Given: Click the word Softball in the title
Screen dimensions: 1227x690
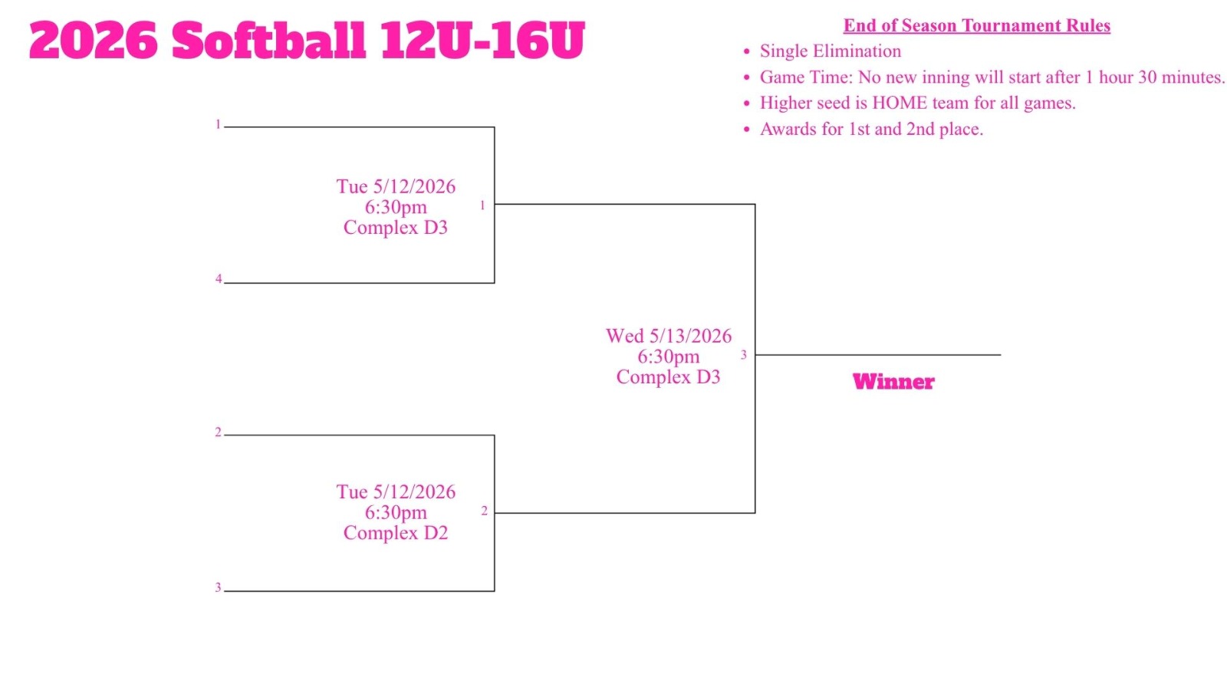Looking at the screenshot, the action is pos(268,39).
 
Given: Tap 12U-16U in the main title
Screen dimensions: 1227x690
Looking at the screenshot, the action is pos(482,40).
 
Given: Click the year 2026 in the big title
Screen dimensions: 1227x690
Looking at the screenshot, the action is pos(93,40).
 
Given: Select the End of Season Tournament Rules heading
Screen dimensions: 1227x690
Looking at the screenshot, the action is pos(977,25).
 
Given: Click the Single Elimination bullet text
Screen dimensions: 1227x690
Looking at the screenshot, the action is pos(830,51).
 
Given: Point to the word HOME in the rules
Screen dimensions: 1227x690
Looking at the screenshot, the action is pos(907,103).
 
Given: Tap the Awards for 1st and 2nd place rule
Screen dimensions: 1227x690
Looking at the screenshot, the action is pos(871,130).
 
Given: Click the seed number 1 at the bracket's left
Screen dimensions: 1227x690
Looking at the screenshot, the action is pos(218,124).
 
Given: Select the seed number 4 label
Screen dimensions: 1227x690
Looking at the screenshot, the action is pos(218,279).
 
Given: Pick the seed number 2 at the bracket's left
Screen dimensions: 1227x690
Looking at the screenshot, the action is pos(218,432).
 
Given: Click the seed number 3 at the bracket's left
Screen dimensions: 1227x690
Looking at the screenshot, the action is pos(218,587).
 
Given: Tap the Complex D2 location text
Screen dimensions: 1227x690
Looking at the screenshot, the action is pos(396,533).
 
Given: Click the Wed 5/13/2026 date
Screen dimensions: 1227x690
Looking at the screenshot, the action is pos(668,336).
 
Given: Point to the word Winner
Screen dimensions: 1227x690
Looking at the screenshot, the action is pos(893,382).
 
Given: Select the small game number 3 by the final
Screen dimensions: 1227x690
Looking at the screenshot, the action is pos(743,355).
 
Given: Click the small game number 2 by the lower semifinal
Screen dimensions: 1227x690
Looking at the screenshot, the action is pos(484,511).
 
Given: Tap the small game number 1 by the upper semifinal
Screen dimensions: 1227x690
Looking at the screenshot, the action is pos(482,205).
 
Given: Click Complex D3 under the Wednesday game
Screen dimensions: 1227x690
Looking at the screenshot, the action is pos(668,376).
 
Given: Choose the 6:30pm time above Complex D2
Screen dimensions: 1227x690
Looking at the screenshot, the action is pos(396,513).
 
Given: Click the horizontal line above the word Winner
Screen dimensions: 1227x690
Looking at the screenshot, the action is pos(878,355).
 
